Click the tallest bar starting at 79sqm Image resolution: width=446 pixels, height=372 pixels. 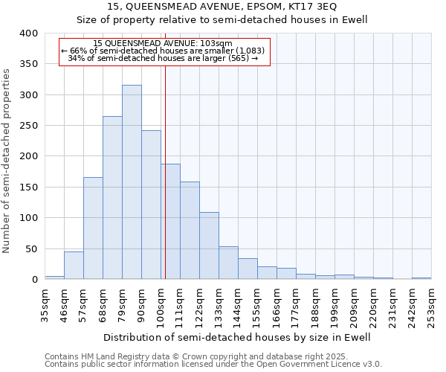click(x=132, y=182)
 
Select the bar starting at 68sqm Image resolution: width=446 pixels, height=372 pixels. click(x=112, y=198)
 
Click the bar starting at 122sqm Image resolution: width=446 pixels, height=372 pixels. click(x=209, y=246)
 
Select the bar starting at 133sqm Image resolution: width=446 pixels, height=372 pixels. click(x=228, y=263)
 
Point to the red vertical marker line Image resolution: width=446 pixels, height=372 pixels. click(x=165, y=171)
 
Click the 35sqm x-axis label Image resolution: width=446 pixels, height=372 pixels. click(x=45, y=302)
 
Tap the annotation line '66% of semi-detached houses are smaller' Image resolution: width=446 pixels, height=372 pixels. click(x=164, y=51)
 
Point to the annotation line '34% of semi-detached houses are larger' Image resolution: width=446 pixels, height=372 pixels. click(x=164, y=58)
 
